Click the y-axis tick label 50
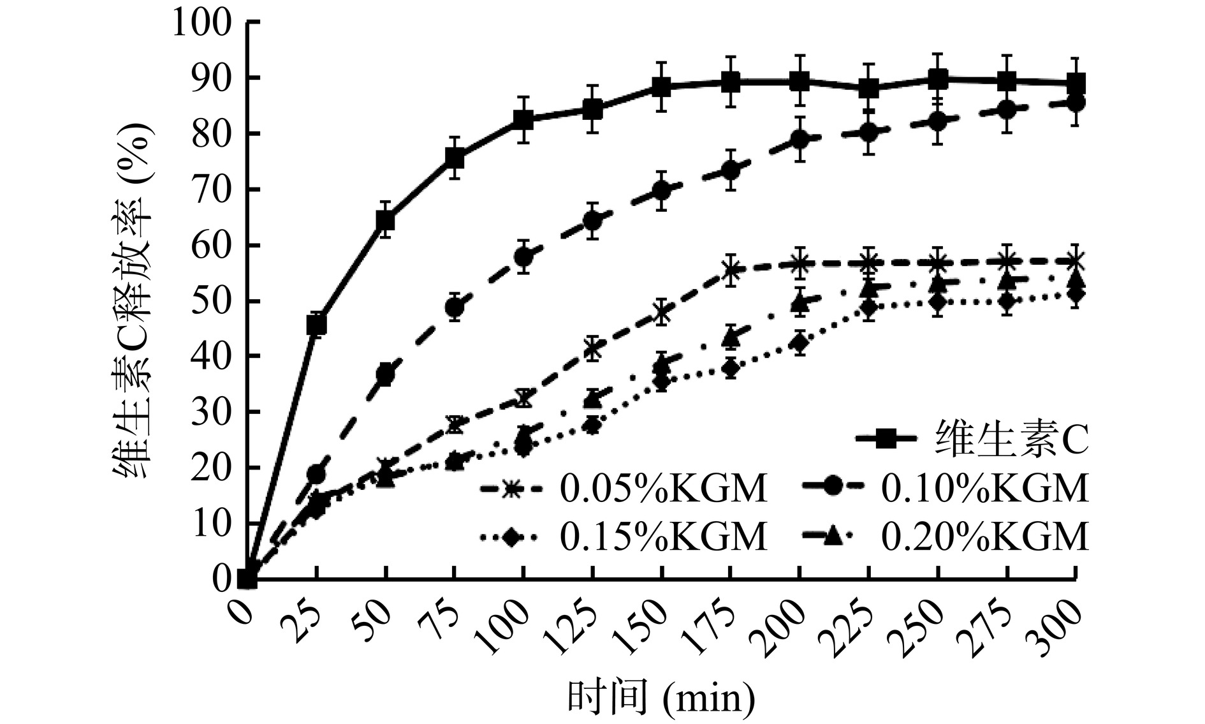point(214,301)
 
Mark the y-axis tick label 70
point(214,189)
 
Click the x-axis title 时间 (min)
point(661,698)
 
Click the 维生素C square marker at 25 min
point(317,325)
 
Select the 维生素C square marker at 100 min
point(523,119)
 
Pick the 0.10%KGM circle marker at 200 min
point(800,140)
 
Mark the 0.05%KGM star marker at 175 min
point(731,269)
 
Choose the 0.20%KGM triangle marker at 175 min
point(731,338)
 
